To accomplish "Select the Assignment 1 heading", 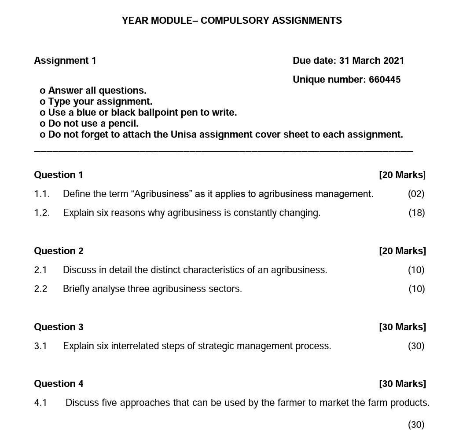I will [65, 61].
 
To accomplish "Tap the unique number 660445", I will [385, 80].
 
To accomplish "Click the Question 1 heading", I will [59, 175].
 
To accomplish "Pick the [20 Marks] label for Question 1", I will [402, 175].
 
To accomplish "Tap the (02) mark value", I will [416, 194].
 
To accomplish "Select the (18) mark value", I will [416, 213].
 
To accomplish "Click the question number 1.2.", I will [42, 213].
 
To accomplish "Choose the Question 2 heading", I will [59, 251].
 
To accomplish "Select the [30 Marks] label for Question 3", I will [402, 327].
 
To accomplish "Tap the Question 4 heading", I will [59, 384].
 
